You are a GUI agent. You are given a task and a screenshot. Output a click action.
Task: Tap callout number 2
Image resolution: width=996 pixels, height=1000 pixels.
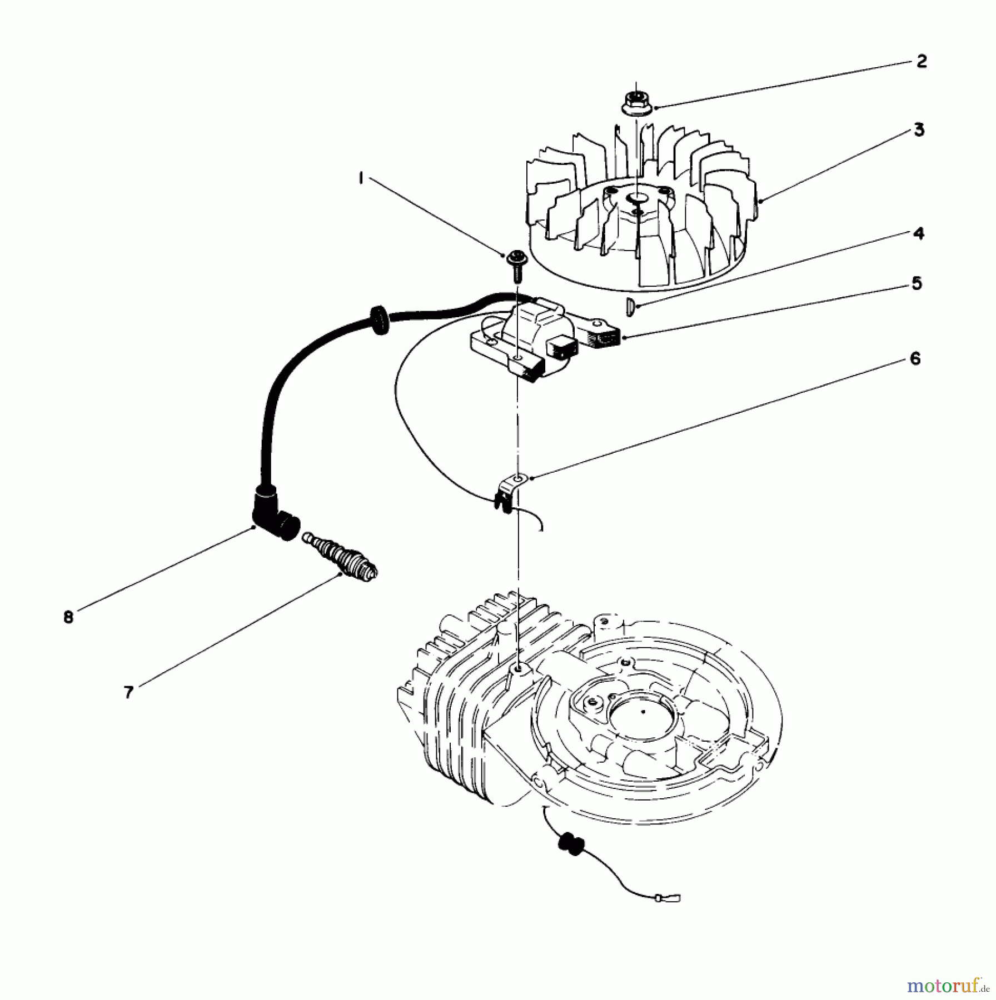click(x=922, y=62)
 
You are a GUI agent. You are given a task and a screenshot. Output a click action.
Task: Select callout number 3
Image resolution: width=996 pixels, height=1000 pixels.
click(x=919, y=131)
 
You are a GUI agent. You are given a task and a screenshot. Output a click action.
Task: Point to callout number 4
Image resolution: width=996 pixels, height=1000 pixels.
click(x=919, y=233)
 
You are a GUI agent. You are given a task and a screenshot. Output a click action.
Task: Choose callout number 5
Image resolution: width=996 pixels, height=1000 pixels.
click(x=917, y=283)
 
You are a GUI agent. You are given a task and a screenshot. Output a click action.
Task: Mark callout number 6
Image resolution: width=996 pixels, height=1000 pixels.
click(x=915, y=359)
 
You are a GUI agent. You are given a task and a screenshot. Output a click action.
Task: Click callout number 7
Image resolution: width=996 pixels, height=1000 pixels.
click(x=128, y=692)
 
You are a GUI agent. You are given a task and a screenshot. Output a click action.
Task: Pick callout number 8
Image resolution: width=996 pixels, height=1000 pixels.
click(x=68, y=617)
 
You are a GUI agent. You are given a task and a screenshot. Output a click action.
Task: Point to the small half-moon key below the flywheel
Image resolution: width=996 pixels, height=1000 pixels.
click(x=630, y=307)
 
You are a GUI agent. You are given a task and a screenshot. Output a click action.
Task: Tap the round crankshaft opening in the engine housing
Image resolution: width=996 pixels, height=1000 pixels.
click(x=641, y=712)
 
